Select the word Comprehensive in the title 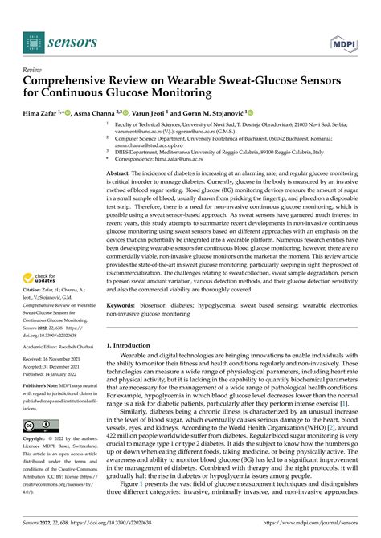70,81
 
